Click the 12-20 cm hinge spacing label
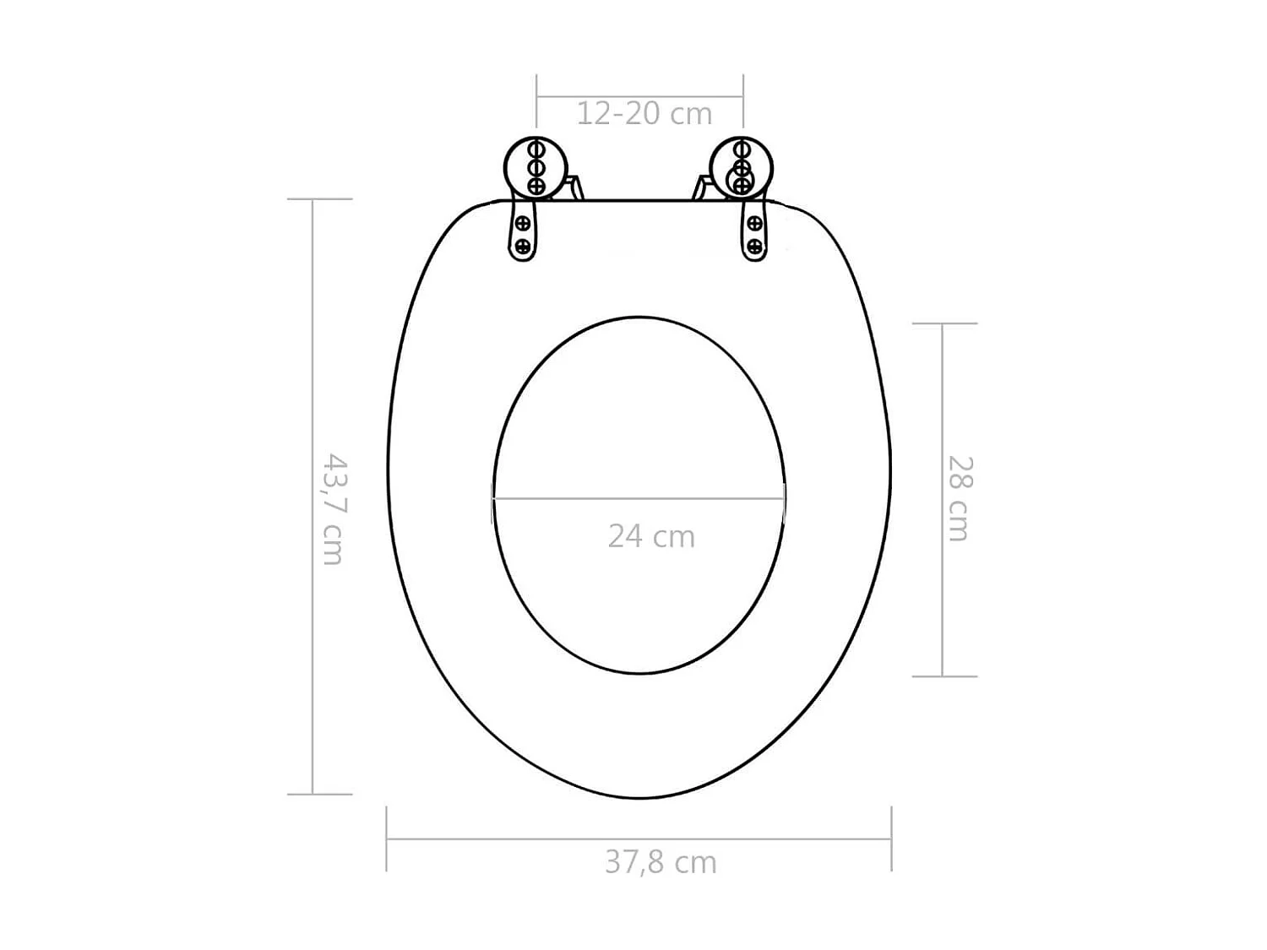pyautogui.click(x=644, y=113)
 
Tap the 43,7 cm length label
pyautogui.click(x=334, y=509)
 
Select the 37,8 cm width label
pyautogui.click(x=661, y=862)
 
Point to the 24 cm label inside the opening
pyautogui.click(x=651, y=536)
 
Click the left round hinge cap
pyautogui.click(x=535, y=167)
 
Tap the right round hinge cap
pyautogui.click(x=742, y=167)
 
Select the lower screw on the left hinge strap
pyautogui.click(x=523, y=246)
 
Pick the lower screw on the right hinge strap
pyautogui.click(x=755, y=247)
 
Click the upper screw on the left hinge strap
pyautogui.click(x=523, y=224)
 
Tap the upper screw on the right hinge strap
pyautogui.click(x=755, y=225)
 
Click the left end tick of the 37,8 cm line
pyautogui.click(x=387, y=839)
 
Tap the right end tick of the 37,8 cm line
pyautogui.click(x=891, y=839)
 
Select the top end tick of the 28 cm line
pyautogui.click(x=943, y=323)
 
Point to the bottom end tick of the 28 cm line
pyautogui.click(x=943, y=676)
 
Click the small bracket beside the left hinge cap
pyautogui.click(x=575, y=187)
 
